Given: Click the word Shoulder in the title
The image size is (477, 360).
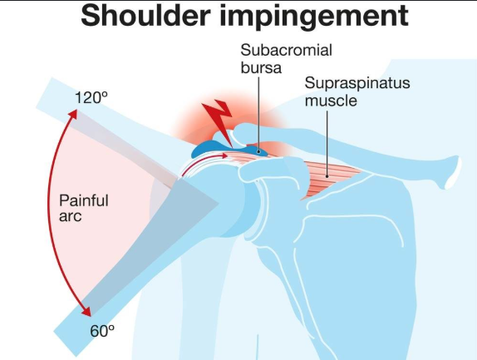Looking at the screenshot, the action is [145, 16].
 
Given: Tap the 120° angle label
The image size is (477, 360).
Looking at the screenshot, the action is [91, 97].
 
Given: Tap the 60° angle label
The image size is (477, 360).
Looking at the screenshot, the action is [102, 331].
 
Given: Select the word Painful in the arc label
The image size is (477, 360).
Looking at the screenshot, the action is [84, 200].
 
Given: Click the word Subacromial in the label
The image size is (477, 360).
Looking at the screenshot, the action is [286, 50].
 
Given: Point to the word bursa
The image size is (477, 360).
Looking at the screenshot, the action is [261, 67].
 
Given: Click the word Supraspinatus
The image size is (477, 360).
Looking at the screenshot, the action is [357, 83].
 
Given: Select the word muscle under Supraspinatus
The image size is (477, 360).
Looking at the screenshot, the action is [331, 101].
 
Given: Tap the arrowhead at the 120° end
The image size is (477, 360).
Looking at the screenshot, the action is [73, 114].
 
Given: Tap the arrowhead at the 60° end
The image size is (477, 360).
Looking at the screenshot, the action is [86, 311].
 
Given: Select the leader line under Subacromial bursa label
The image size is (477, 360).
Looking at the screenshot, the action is [259, 114].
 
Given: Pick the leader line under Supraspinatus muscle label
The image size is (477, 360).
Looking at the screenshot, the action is [327, 143].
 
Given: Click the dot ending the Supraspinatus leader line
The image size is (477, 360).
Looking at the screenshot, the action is [327, 176].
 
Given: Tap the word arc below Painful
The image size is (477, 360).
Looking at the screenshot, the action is [71, 216].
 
